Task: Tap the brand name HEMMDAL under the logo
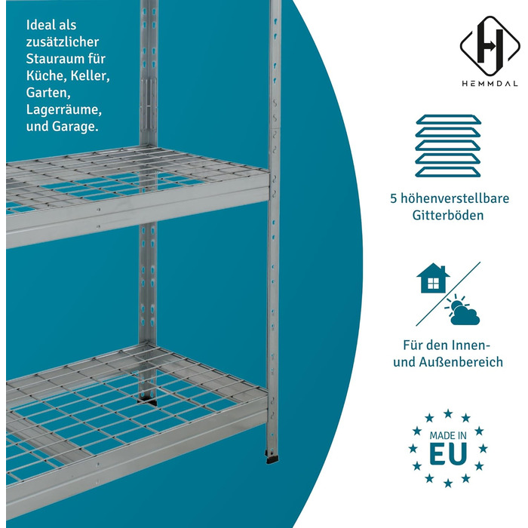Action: tap(490, 84)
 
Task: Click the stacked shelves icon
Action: tap(448, 146)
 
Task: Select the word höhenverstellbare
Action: tap(454, 198)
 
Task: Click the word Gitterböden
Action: tap(448, 215)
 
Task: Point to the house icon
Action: tap(433, 278)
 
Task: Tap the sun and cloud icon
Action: tap(462, 309)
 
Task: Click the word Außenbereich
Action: tap(461, 362)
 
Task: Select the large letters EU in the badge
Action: tap(448, 453)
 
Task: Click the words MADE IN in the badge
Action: tap(448, 436)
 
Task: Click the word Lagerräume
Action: tap(63, 110)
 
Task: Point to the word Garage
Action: tap(75, 127)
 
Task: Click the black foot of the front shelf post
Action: tap(273, 459)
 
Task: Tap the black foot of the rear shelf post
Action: tap(148, 401)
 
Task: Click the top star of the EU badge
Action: tap(448, 413)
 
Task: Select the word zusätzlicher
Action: tap(63, 41)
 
